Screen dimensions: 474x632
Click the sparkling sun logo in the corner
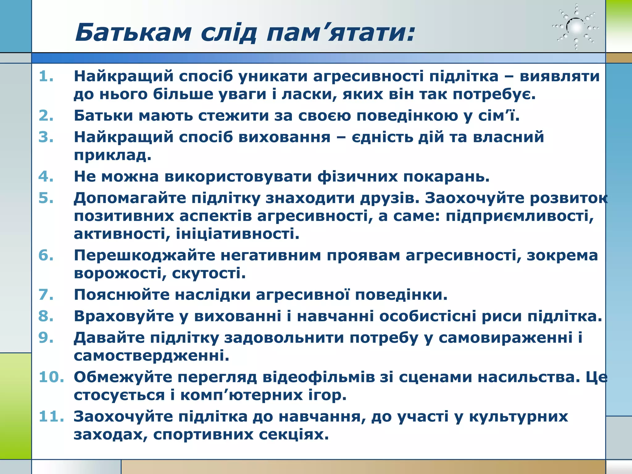click(x=576, y=27)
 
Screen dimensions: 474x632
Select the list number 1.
click(x=46, y=76)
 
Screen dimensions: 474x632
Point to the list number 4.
click(x=46, y=177)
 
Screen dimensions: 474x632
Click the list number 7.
click(x=46, y=295)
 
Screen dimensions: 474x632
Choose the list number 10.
click(x=51, y=377)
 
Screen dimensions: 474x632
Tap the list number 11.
click(x=51, y=417)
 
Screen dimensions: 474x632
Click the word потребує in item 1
click(x=494, y=94)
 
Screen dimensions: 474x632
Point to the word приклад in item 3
click(x=112, y=155)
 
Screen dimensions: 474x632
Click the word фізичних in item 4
click(x=358, y=177)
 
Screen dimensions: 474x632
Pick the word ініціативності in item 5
click(x=237, y=234)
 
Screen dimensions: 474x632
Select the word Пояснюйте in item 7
click(x=122, y=295)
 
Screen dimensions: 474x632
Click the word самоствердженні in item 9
click(x=151, y=356)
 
